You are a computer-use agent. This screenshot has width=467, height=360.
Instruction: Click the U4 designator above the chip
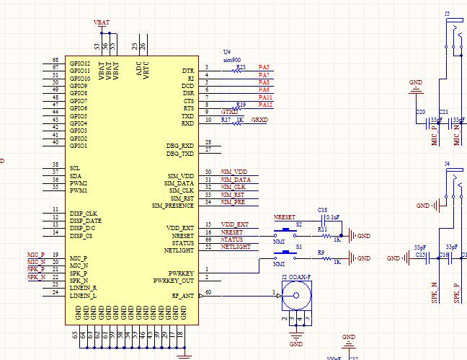click(227, 53)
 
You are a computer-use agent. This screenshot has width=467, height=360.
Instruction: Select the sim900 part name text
click(231, 60)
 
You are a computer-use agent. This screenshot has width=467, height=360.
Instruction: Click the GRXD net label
click(259, 120)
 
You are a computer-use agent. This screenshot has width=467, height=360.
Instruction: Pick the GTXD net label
click(228, 112)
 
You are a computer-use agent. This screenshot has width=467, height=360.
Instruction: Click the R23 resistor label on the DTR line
click(241, 66)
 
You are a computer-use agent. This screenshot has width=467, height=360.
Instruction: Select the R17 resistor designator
click(226, 120)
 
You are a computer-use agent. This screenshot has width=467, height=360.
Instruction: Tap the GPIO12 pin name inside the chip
click(79, 63)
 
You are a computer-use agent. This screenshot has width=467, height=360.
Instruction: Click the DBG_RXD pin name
click(180, 146)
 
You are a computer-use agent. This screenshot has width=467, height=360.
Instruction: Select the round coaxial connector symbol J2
click(293, 294)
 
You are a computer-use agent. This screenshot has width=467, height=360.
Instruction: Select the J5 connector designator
click(448, 14)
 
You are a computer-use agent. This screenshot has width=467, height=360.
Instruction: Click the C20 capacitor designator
click(421, 112)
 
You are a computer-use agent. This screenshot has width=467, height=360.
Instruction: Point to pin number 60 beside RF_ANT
click(209, 291)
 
